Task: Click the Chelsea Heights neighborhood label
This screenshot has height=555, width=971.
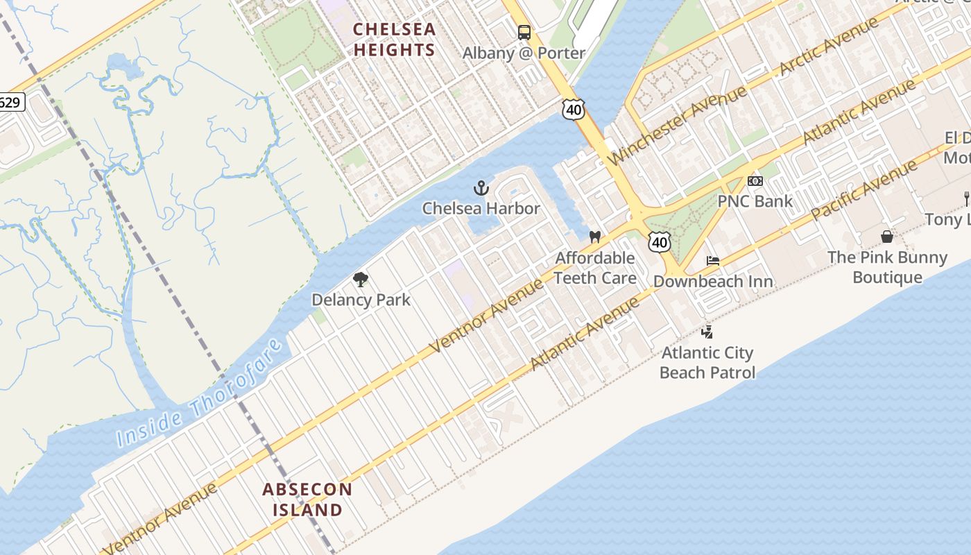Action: [x=394, y=40]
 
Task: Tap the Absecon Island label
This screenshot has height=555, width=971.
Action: [x=307, y=499]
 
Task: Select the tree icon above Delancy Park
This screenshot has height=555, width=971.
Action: [x=360, y=280]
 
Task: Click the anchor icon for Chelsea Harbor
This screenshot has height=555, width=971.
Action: [x=481, y=188]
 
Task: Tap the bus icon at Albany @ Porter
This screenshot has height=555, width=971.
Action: [x=524, y=32]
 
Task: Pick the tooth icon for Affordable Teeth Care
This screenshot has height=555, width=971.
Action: [x=594, y=237]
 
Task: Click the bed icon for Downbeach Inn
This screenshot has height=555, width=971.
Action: [x=712, y=262]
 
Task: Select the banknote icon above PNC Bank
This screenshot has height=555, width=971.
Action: [x=755, y=181]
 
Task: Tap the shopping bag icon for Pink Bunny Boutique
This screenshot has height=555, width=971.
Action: [x=886, y=237]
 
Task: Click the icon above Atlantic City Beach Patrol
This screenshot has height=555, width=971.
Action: [x=707, y=332]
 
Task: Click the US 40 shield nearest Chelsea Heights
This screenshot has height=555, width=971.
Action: [x=574, y=109]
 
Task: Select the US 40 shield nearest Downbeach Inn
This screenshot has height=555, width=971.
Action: [x=660, y=242]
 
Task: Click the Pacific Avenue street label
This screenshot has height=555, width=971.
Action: [x=864, y=189]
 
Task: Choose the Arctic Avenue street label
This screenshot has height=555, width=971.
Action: [x=828, y=46]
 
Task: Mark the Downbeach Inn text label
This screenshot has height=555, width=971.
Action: [x=713, y=282]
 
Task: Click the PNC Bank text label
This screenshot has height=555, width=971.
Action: [x=755, y=201]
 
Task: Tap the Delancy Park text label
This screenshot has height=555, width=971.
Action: [x=361, y=300]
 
